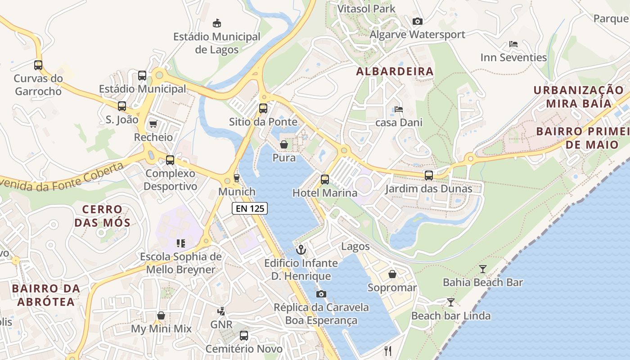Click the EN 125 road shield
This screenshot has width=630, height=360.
pos(250,208)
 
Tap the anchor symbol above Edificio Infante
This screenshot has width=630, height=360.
pos(301,249)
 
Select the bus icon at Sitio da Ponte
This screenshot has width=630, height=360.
pos(263,108)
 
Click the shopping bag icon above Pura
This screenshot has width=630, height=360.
pos(284,144)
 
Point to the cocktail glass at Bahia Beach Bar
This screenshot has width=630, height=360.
pos(483,269)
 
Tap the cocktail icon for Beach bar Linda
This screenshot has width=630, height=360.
pos(450,302)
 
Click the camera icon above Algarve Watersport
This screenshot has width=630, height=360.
pos(417,21)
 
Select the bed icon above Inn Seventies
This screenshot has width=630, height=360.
pos(513,44)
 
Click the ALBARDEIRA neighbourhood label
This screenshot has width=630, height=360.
pos(395,71)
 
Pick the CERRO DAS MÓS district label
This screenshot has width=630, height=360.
pos(103,216)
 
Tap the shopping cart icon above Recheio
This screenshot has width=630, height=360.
pos(153,124)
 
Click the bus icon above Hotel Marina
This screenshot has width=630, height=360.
pos(325,180)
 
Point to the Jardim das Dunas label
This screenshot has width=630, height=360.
pos(428,189)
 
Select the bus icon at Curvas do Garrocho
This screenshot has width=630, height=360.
pos(38,65)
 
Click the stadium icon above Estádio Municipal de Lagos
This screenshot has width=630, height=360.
pos(217,23)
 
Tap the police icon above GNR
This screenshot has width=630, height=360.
pos(221,311)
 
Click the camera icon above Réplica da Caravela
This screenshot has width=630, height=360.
pos(321,294)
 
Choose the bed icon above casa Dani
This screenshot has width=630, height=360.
pos(398,109)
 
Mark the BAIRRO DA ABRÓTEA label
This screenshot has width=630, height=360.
pos(46,295)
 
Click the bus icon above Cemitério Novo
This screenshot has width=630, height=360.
pos(244,335)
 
